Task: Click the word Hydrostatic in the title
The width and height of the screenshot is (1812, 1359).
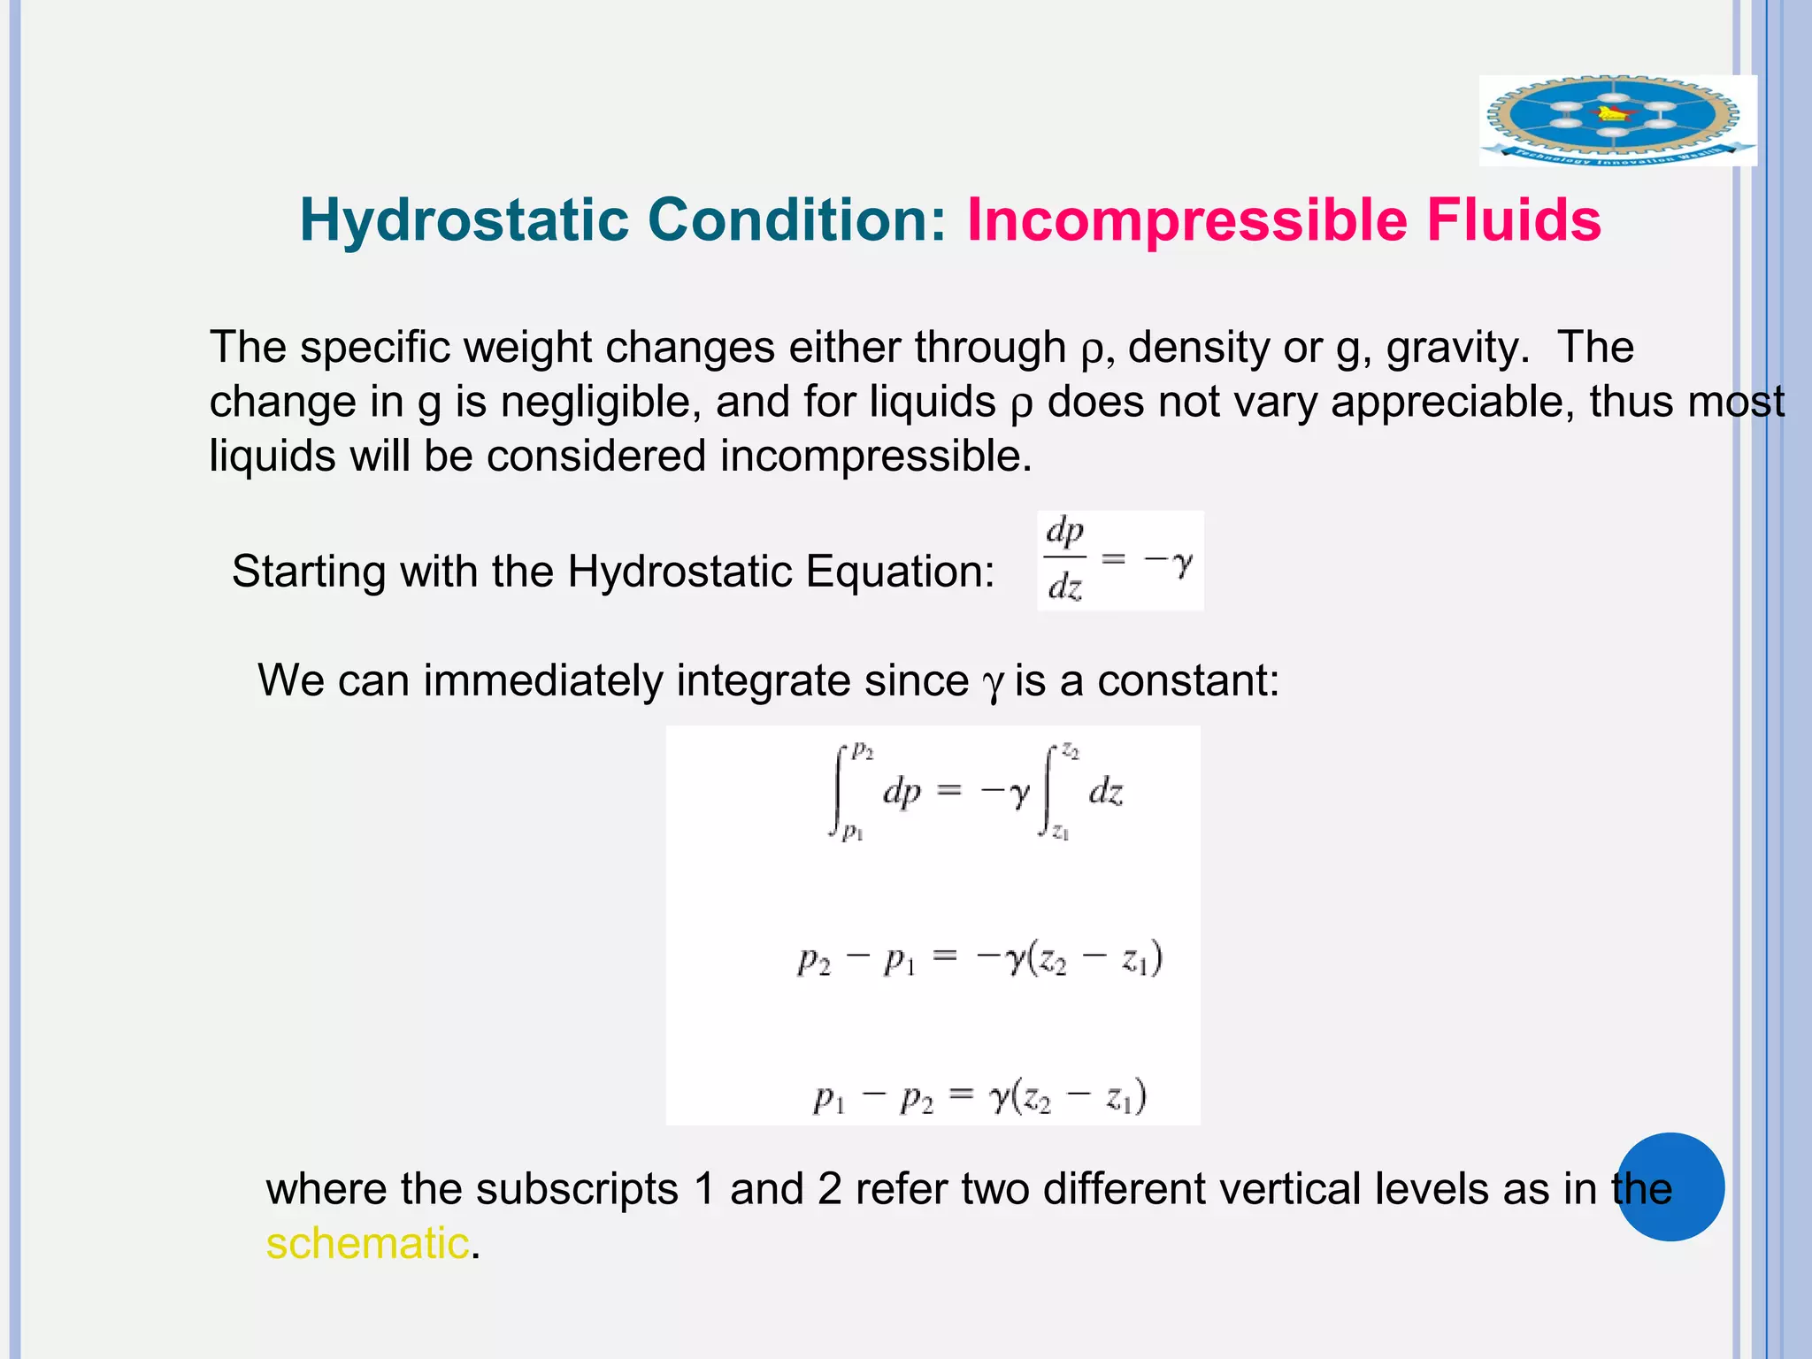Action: [x=464, y=220]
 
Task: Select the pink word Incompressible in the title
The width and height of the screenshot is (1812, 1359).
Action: [x=1186, y=220]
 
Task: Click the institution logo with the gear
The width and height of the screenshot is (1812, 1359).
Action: [x=1616, y=120]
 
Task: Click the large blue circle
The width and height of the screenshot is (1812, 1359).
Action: [x=1670, y=1186]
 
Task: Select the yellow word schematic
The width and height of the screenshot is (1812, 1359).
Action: [x=367, y=1243]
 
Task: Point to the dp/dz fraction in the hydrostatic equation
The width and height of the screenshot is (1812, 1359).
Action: [x=1065, y=559]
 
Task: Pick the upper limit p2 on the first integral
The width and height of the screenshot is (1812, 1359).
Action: [x=863, y=751]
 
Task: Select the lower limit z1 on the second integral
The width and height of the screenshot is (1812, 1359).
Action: [x=1061, y=833]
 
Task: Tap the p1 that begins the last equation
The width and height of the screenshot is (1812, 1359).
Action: [x=829, y=1100]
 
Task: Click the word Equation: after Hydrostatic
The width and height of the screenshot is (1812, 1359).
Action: [x=900, y=572]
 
